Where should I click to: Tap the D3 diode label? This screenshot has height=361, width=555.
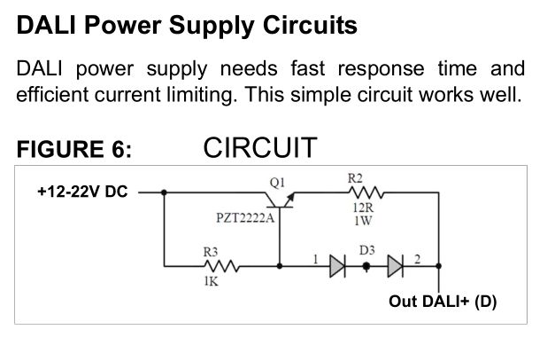click(367, 251)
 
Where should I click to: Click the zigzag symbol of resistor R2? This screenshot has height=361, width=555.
click(365, 191)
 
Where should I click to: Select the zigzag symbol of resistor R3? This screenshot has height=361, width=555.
click(218, 264)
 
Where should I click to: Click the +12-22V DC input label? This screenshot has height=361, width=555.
click(82, 191)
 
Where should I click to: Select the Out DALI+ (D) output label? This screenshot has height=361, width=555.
click(443, 302)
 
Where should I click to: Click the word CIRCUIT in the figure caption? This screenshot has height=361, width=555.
click(259, 147)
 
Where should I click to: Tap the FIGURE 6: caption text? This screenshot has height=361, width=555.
click(74, 150)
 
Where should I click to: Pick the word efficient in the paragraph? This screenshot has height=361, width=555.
click(51, 93)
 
